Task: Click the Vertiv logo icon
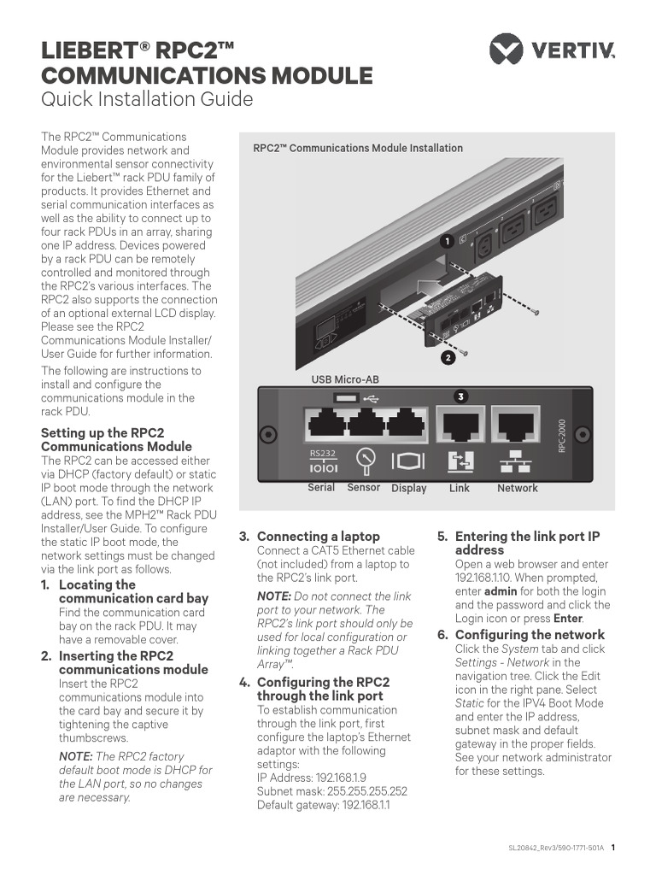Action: coord(506,49)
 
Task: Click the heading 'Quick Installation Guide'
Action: coord(147,100)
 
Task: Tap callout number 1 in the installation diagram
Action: coord(445,242)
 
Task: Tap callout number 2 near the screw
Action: coord(447,358)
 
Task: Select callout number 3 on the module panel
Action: coord(460,396)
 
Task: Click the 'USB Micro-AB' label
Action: coord(345,379)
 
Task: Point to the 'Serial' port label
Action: coord(321,488)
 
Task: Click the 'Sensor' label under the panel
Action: coord(364,488)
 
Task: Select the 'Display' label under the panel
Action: coord(408,489)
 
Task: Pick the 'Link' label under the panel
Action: coord(460,489)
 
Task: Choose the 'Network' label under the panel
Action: coord(518,489)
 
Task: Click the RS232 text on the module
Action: coord(322,454)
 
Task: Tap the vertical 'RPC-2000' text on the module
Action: coord(562,436)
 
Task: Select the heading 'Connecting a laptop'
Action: coord(319,537)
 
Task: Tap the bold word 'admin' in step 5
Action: coord(501,591)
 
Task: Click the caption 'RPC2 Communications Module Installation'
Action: coord(358,148)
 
